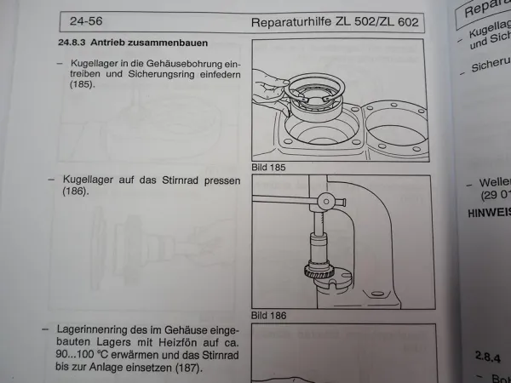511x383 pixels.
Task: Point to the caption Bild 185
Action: (x=269, y=168)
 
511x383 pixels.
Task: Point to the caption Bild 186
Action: (x=269, y=314)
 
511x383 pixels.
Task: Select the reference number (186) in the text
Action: (x=77, y=193)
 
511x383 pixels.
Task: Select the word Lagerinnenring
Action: (x=95, y=328)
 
